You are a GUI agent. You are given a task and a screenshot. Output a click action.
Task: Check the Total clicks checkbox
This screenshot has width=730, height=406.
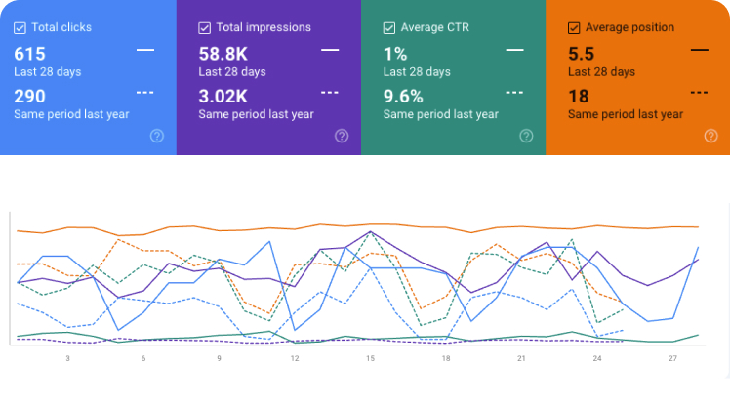pos(20,28)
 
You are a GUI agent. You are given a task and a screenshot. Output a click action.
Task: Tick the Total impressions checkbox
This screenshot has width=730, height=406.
pos(204,28)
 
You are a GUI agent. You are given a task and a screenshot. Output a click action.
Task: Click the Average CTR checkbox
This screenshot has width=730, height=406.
pos(389,28)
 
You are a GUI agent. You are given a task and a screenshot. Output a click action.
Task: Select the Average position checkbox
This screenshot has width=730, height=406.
pos(574,28)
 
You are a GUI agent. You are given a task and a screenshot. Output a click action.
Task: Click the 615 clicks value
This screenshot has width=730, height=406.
pos(30,54)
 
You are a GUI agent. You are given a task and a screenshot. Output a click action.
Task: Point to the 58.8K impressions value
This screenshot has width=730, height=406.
pos(223,54)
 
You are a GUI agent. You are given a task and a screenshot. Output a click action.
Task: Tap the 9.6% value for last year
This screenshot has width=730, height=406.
pos(403,97)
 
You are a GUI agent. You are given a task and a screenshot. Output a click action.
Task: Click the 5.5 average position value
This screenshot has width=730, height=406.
pos(581,54)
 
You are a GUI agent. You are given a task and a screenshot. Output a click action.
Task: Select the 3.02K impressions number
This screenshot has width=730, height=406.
pos(223,97)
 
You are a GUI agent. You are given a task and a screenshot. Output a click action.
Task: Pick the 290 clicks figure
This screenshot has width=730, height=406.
pos(30,97)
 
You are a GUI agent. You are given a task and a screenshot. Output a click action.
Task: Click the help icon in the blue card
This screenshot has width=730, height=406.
pos(157,136)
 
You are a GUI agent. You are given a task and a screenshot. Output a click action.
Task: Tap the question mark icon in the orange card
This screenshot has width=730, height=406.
pos(710,136)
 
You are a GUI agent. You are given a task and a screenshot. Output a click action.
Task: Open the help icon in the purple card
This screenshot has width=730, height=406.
pos(342,136)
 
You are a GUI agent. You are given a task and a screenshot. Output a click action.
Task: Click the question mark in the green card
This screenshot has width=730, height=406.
pos(526,136)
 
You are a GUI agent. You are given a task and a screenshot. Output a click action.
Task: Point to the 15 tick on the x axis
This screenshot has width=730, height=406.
pos(370,358)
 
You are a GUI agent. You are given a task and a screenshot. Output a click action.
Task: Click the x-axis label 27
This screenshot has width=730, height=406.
pos(672,358)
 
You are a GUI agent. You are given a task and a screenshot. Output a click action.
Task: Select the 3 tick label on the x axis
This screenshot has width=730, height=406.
pos(68,358)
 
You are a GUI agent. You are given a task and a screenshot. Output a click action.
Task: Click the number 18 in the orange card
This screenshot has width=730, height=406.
pos(579,97)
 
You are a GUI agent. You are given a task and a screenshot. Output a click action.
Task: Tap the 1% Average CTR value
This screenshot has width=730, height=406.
pos(395,54)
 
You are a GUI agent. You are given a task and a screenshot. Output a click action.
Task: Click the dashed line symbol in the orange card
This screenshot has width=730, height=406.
pos(700,93)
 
